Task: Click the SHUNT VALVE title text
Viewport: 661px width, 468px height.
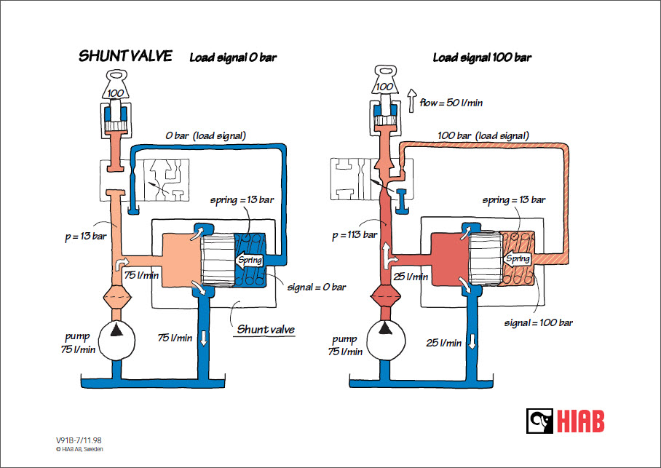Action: [125, 56]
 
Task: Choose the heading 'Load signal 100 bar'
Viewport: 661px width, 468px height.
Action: [482, 57]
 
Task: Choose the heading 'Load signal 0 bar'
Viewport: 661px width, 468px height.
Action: [233, 57]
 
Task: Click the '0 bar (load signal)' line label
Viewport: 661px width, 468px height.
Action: [205, 135]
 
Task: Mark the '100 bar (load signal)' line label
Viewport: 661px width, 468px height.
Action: [483, 135]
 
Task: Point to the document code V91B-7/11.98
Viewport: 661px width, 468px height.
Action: [79, 440]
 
